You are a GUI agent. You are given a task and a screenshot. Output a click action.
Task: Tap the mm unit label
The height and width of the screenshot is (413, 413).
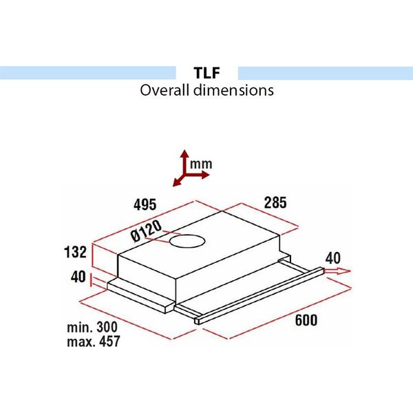202,164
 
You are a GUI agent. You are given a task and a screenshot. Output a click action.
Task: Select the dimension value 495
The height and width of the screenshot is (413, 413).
145,204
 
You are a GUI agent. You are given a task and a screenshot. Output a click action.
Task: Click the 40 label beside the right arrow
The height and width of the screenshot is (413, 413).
333,258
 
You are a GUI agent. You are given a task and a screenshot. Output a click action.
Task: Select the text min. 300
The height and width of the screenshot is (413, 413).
92,327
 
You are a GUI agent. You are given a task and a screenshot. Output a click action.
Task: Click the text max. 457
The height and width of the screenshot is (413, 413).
93,341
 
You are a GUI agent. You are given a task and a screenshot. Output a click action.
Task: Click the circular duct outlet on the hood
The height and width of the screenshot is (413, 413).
188,241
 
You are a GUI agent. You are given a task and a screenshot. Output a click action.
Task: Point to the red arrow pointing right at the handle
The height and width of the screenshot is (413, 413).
337,272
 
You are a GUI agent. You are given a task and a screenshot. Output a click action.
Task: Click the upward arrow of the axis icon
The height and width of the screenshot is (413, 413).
184,156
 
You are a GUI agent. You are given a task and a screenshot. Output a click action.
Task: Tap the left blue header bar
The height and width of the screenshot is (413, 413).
87,72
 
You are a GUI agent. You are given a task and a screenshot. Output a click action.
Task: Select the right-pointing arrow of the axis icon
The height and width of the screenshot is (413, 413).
202,175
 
